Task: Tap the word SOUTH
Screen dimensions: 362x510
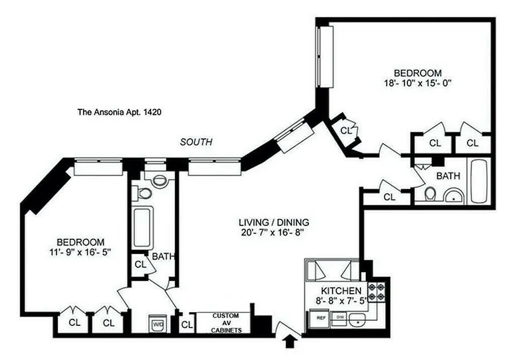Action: (x=196, y=142)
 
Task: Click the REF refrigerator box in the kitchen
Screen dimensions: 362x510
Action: (x=321, y=318)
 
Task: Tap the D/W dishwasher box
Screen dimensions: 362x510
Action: (x=340, y=317)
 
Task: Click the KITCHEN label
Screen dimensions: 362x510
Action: (x=341, y=291)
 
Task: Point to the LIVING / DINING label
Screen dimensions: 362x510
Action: (x=274, y=223)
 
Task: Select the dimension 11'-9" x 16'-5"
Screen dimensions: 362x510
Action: (x=80, y=252)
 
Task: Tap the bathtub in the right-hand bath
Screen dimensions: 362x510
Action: (x=478, y=181)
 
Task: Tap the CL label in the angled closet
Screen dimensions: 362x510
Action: (x=346, y=131)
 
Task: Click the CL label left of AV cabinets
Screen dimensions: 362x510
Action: (x=185, y=325)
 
